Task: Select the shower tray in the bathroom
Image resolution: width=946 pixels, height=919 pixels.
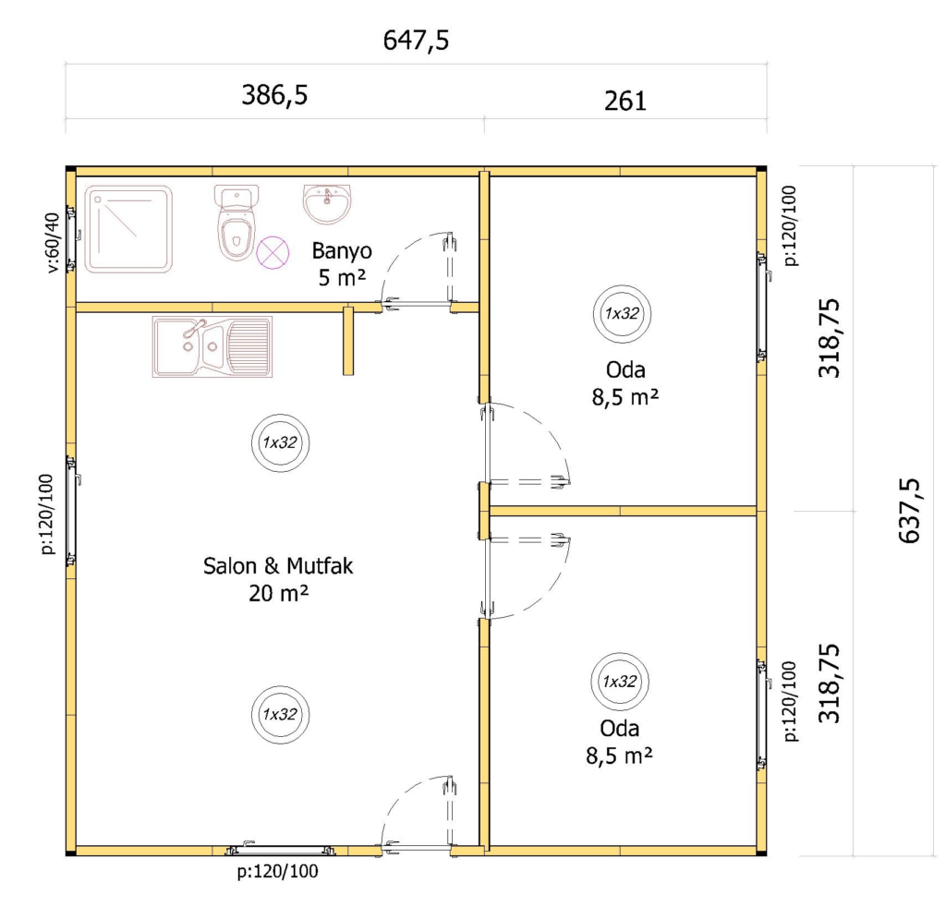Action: point(128,229)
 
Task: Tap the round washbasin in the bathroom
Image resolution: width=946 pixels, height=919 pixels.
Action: point(326,204)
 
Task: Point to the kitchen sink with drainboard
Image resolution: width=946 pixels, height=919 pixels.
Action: point(212,346)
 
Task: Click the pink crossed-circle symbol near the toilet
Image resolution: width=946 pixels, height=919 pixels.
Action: point(273,252)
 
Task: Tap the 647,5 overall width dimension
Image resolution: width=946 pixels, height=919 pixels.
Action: point(417,41)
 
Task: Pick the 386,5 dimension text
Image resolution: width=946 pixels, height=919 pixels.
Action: point(274,95)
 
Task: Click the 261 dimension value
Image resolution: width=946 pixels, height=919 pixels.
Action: point(625,101)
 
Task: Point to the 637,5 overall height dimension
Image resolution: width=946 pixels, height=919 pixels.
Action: point(909,511)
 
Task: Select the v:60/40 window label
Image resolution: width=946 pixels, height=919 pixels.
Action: point(53,242)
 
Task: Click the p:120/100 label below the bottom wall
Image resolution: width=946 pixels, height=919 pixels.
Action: point(277,871)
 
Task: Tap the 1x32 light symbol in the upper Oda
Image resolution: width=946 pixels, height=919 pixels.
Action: point(622,314)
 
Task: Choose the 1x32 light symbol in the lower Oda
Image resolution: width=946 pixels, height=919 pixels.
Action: point(620,682)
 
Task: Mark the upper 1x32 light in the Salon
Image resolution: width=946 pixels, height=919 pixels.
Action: point(281,442)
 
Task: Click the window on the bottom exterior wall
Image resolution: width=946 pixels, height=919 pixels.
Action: point(280,851)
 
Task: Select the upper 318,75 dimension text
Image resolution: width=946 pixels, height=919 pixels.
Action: point(829,338)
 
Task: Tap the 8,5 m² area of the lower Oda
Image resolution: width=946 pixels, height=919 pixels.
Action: point(619,755)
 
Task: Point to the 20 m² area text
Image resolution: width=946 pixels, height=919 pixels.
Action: point(278,593)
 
